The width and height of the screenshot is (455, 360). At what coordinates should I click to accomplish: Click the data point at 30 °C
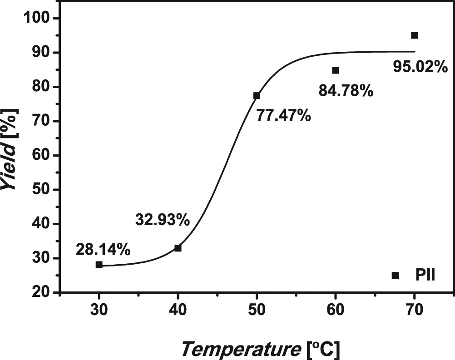tap(99, 265)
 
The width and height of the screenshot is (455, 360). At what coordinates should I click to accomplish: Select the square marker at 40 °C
tap(178, 248)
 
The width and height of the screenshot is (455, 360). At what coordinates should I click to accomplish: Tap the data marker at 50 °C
tap(257, 95)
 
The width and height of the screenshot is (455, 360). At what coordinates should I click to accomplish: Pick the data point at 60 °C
tap(336, 70)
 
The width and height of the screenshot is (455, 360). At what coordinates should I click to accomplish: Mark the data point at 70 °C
tap(414, 35)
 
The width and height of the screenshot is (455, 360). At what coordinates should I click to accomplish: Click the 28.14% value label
tap(104, 249)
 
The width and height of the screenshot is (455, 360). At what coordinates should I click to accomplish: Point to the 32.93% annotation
tap(162, 220)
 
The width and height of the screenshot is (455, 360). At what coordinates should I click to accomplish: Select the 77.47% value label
tap(284, 115)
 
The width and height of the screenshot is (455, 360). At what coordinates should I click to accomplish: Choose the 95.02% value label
tap(420, 68)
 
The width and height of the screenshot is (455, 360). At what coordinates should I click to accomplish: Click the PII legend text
tap(425, 275)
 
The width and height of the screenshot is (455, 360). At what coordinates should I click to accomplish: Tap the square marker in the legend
tap(395, 275)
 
